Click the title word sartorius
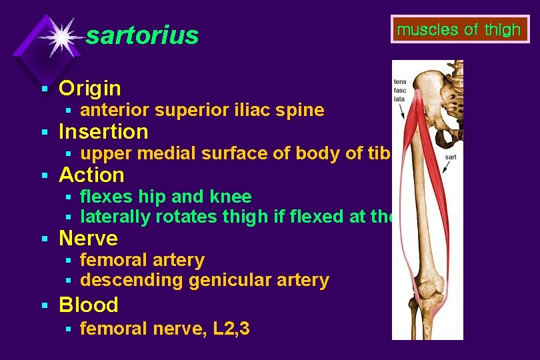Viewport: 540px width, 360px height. click(x=142, y=35)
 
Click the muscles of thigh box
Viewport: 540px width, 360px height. click(x=459, y=30)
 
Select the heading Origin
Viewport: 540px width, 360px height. click(x=90, y=88)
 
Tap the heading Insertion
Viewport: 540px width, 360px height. click(x=103, y=131)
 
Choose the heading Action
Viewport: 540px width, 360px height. click(x=91, y=175)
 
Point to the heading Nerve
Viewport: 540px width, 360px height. click(x=88, y=238)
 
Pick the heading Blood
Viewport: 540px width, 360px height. click(x=88, y=305)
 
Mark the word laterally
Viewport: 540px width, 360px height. click(x=115, y=217)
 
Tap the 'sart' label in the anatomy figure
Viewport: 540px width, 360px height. click(x=451, y=157)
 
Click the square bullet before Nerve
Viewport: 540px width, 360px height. click(x=44, y=239)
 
